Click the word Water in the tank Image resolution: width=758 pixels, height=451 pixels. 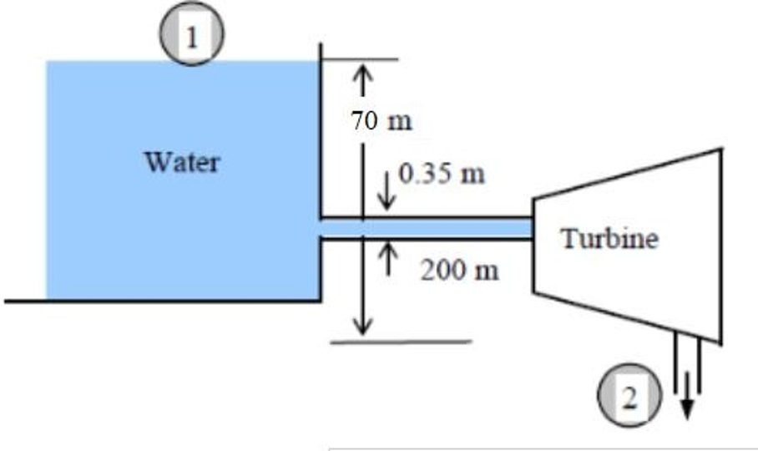183,160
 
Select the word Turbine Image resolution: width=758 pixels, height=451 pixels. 609,239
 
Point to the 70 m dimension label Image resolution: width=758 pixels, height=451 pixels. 382,121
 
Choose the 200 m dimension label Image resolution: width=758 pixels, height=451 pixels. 458,271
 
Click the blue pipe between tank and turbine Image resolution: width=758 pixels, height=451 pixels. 426,227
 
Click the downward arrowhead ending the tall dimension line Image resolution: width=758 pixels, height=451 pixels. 361,326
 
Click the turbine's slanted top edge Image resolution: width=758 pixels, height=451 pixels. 626,174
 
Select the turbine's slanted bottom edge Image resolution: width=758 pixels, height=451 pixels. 626,317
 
